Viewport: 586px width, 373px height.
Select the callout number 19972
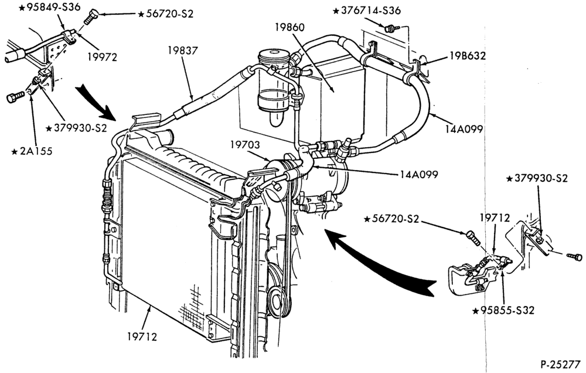click(x=103, y=57)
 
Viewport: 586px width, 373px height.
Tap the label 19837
click(x=182, y=50)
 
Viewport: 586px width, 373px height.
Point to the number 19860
click(x=289, y=28)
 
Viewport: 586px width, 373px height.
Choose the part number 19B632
click(x=468, y=56)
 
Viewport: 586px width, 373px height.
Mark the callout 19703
click(x=245, y=144)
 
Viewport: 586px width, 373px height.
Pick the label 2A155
click(x=36, y=151)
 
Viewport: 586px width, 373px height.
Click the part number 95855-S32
click(x=507, y=310)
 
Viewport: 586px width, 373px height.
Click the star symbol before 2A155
click(x=15, y=152)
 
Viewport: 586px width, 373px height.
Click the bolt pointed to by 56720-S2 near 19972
click(x=90, y=17)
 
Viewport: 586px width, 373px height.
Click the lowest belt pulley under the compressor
click(x=277, y=299)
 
